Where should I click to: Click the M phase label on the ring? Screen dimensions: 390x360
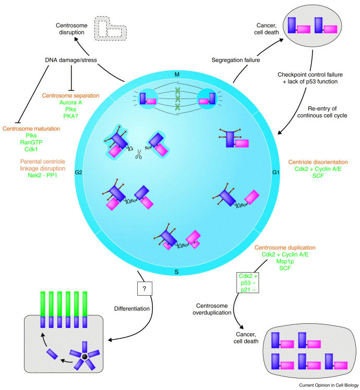(x=177, y=75)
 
